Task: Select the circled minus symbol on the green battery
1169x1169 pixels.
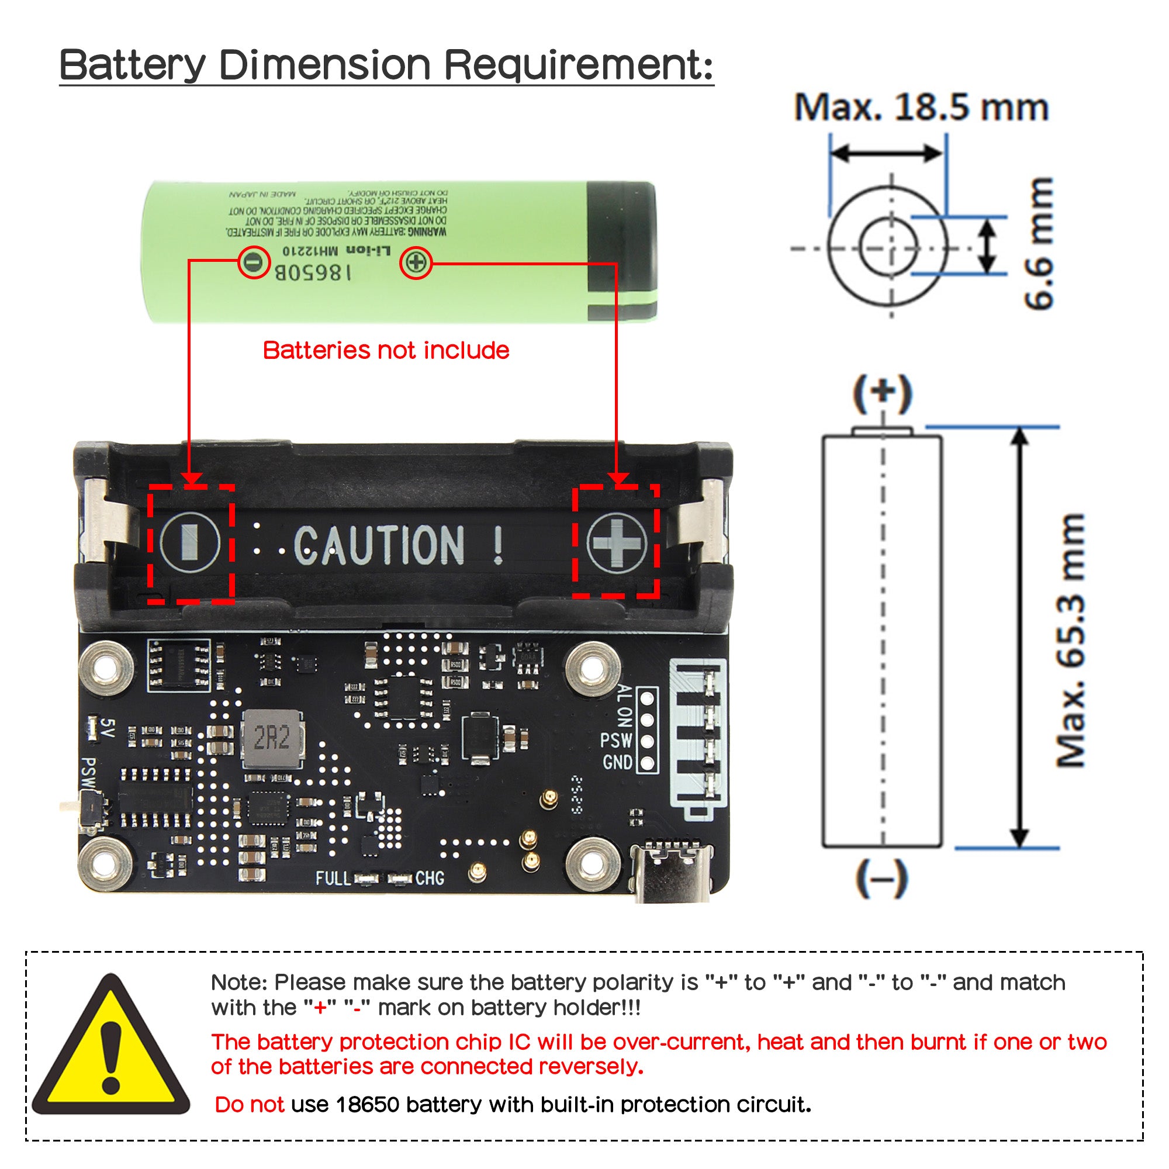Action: click(254, 262)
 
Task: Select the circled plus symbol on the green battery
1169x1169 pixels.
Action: click(416, 262)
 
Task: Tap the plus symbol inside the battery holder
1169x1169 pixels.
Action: click(617, 542)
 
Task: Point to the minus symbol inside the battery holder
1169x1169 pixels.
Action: click(189, 542)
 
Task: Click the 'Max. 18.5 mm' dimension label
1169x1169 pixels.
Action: click(921, 108)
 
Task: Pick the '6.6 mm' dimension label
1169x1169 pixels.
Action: click(1038, 243)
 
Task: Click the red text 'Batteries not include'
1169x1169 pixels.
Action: click(386, 350)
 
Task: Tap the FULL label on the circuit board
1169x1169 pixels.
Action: click(333, 878)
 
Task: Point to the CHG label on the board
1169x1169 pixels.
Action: click(430, 878)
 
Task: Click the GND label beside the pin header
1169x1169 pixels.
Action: click(617, 762)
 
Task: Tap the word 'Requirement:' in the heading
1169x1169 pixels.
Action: click(579, 65)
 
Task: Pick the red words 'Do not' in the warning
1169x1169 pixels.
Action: click(250, 1104)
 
